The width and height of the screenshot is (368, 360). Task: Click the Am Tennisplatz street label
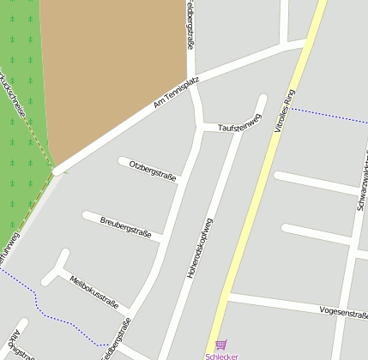pyautogui.click(x=176, y=93)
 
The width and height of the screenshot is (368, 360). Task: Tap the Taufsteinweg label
pyautogui.click(x=238, y=124)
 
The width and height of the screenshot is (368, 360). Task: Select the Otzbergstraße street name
pyautogui.click(x=152, y=170)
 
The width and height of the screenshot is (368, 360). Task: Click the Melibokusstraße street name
pyautogui.click(x=94, y=290)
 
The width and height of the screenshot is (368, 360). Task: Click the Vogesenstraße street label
pyautogui.click(x=342, y=312)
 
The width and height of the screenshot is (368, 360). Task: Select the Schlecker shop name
pyautogui.click(x=222, y=355)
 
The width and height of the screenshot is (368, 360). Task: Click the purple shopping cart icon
pyautogui.click(x=221, y=344)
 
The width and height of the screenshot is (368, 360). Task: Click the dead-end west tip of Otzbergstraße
pyautogui.click(x=121, y=159)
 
